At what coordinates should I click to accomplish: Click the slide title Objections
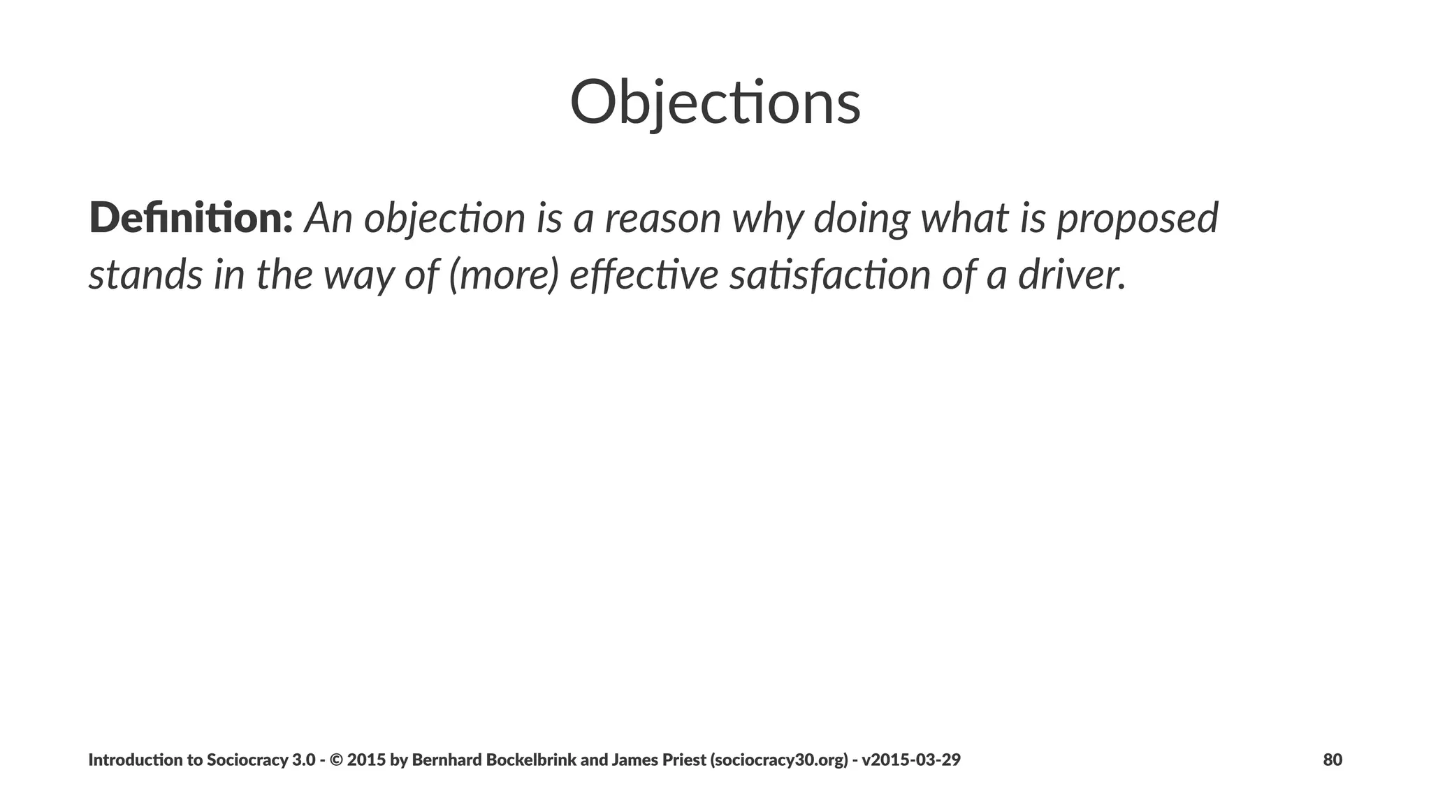click(x=715, y=103)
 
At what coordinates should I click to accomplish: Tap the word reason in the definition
click(x=662, y=218)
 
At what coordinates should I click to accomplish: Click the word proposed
click(x=1137, y=218)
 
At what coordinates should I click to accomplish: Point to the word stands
click(x=145, y=274)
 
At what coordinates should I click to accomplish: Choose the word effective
click(x=644, y=274)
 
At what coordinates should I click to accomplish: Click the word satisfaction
click(x=829, y=274)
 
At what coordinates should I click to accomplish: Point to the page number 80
click(x=1332, y=760)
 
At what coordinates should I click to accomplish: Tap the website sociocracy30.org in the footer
click(x=779, y=760)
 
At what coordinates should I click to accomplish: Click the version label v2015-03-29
click(x=910, y=760)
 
